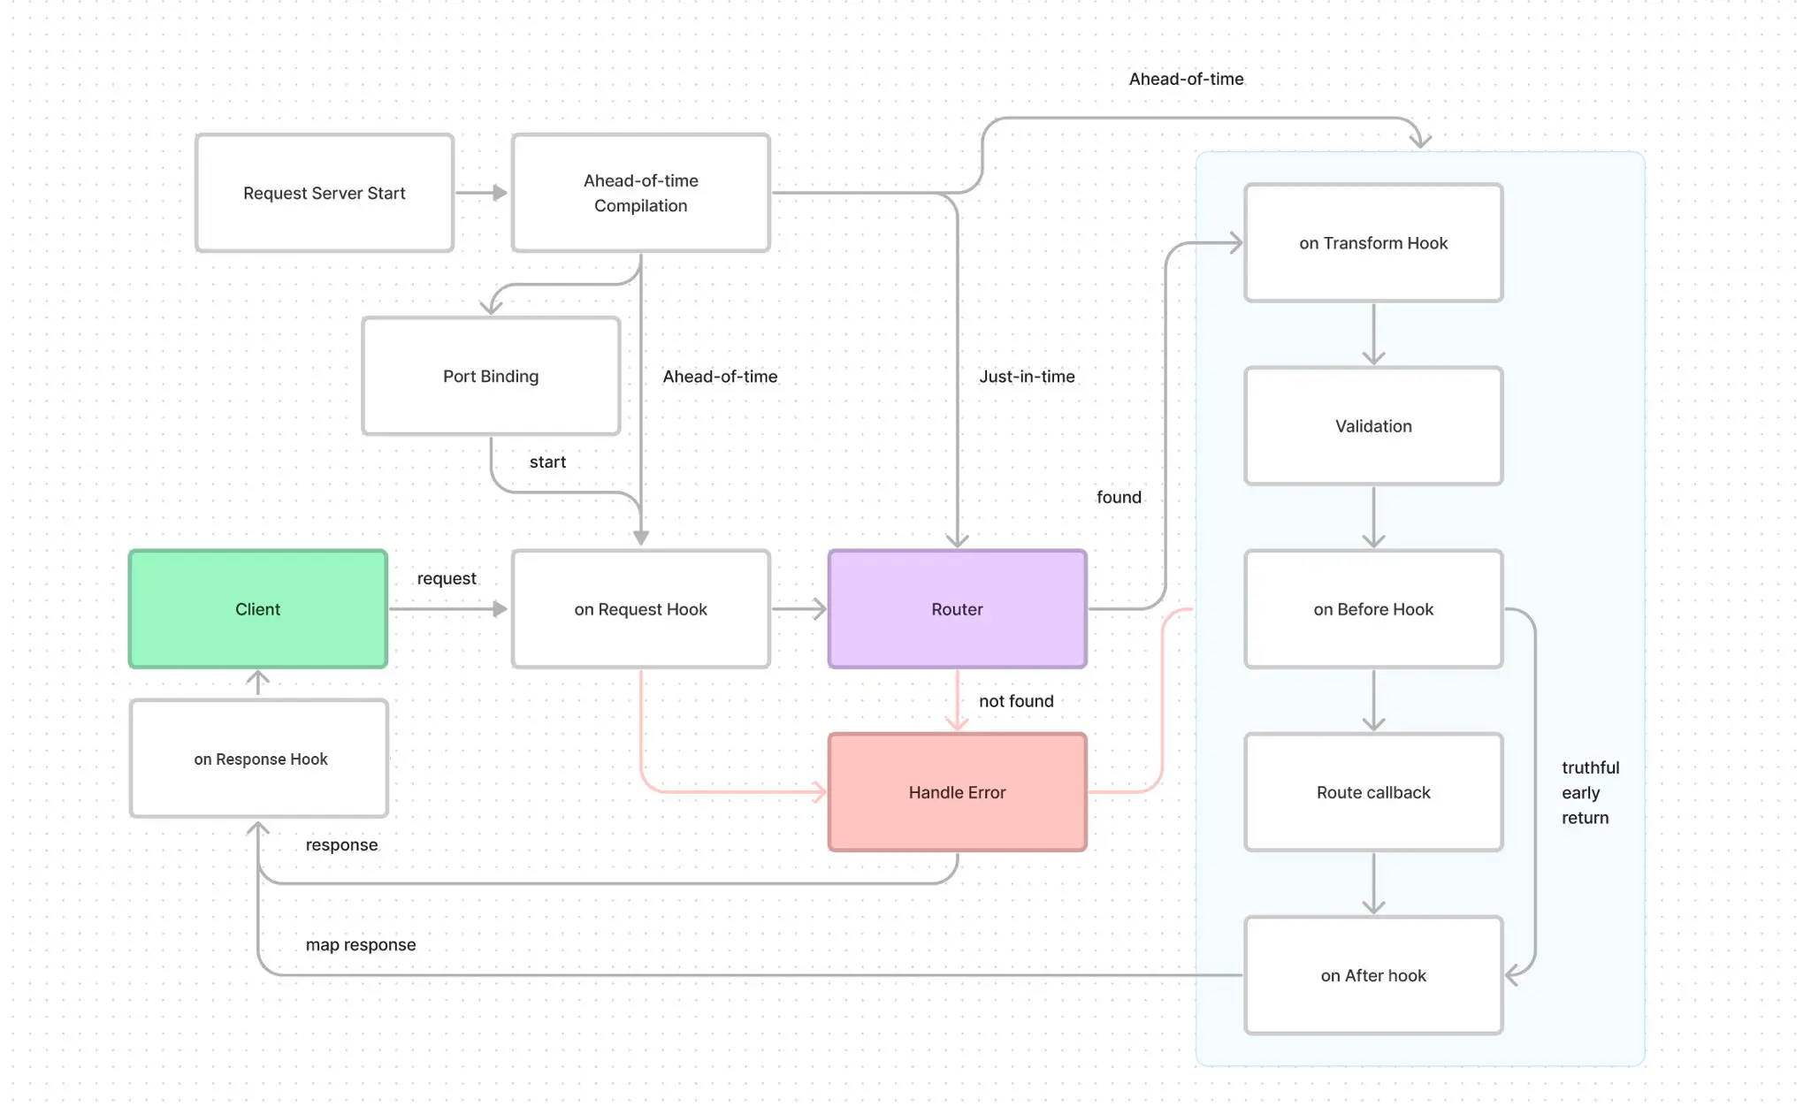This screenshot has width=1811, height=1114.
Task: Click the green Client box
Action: click(257, 609)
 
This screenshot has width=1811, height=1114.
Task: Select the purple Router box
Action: click(957, 609)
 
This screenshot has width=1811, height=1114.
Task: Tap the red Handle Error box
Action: click(957, 792)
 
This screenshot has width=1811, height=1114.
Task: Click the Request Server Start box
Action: click(324, 193)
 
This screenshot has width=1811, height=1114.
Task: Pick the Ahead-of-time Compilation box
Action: click(640, 193)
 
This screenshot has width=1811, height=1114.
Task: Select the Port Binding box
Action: click(491, 376)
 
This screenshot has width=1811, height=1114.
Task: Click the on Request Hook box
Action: click(640, 609)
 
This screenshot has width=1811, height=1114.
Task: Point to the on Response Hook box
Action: click(259, 759)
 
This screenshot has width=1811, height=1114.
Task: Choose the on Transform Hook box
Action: click(1372, 243)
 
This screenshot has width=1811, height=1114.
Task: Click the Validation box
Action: click(1372, 426)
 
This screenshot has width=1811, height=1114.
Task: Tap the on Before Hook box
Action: click(1372, 609)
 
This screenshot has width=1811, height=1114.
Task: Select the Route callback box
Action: click(1372, 792)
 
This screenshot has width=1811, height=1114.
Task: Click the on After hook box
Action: click(1372, 975)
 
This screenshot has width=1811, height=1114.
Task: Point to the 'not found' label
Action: click(1016, 701)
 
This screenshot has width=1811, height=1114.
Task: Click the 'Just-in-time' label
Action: click(1027, 377)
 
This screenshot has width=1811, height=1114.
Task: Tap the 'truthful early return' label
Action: click(1589, 793)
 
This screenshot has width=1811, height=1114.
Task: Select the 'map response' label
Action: click(360, 945)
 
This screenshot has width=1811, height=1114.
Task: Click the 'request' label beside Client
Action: click(447, 578)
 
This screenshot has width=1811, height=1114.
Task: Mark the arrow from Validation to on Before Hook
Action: click(1373, 516)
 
